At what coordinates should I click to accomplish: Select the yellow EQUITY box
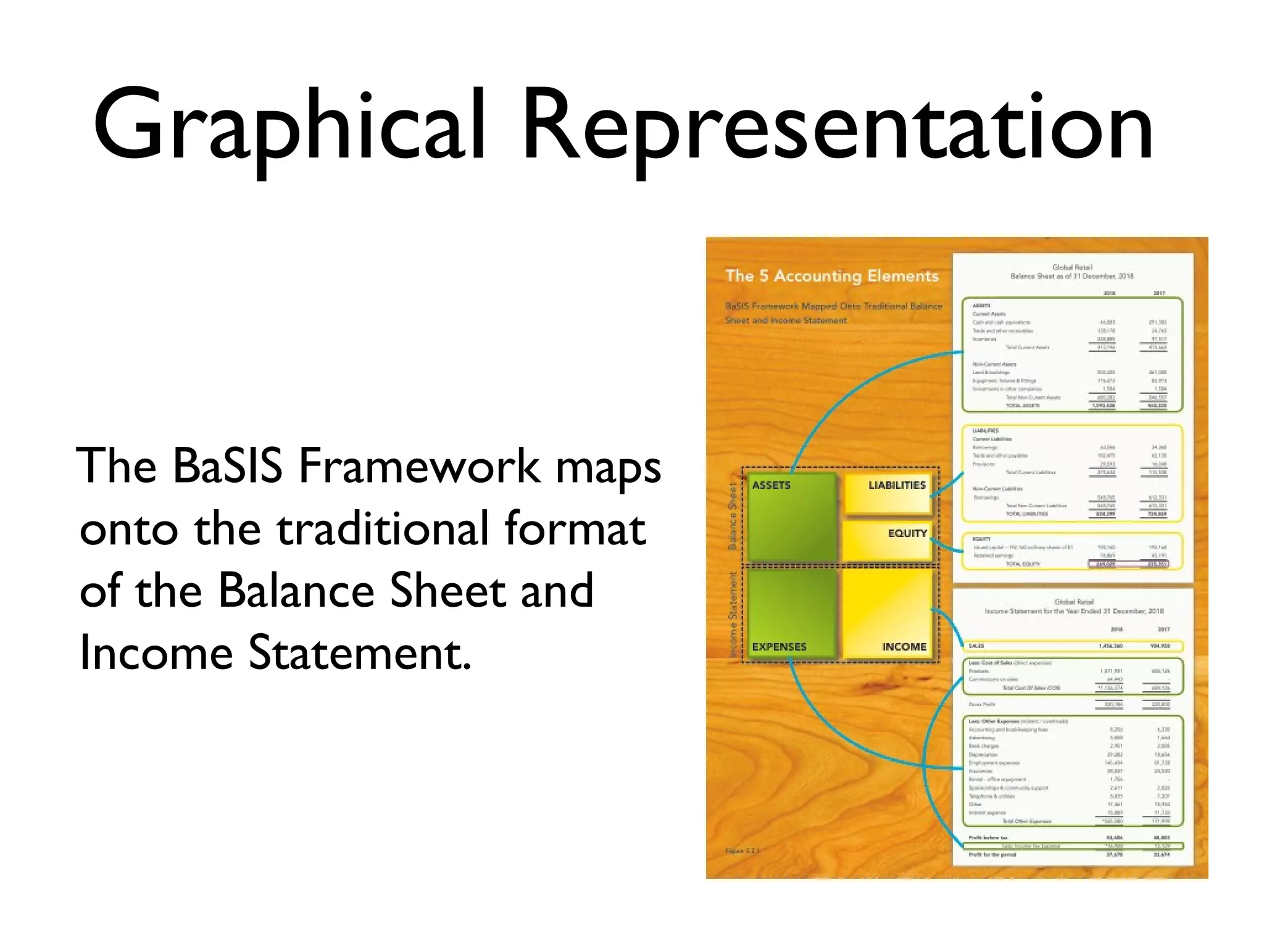(888, 540)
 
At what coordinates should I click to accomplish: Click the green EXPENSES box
(791, 614)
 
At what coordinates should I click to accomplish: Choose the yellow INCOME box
(888, 614)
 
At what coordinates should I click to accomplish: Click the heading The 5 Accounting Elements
(831, 276)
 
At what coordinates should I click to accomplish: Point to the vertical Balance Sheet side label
(733, 515)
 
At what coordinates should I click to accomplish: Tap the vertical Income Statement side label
(733, 614)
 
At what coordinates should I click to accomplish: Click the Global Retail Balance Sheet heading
(1072, 272)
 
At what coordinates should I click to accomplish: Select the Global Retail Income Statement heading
(1074, 606)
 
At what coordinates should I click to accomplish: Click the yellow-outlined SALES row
(1073, 646)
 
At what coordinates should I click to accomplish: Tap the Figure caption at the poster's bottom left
(742, 851)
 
